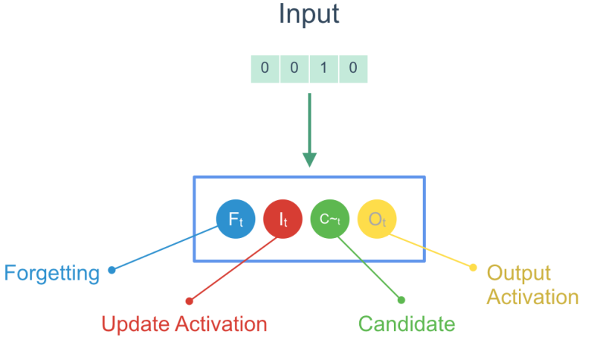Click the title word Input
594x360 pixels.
pos(309,15)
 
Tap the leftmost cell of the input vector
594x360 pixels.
pos(265,69)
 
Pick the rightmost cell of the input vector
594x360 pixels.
pos(352,69)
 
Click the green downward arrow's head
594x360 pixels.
pos(309,159)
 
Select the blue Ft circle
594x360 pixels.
pos(236,219)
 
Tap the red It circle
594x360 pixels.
pos(283,219)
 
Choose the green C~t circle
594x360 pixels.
pos(330,219)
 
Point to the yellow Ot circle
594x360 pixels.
pos(377,219)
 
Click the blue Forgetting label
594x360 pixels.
pos(52,273)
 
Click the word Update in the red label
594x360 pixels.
pos(136,324)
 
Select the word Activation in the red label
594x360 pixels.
pos(221,324)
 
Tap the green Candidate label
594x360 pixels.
pos(406,324)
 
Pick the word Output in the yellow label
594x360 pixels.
pos(519,273)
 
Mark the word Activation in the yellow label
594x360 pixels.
pos(532,297)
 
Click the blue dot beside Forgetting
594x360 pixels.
pos(112,270)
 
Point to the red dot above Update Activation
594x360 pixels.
pos(189,301)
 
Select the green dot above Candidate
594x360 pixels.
pos(401,300)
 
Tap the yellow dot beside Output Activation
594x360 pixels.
pos(473,267)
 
